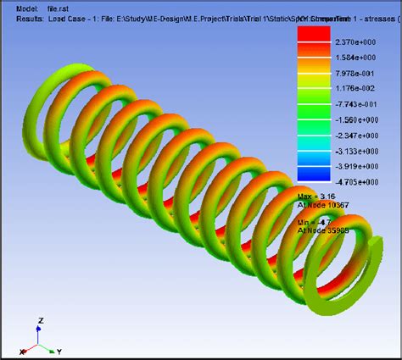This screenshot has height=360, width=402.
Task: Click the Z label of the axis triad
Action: click(x=40, y=319)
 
